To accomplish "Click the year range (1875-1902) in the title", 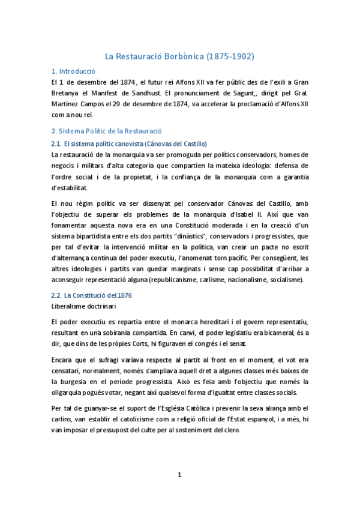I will [x=230, y=56].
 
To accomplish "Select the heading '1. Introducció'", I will [x=74, y=71].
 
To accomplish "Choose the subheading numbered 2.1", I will [x=129, y=143].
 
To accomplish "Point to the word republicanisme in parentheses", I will [x=180, y=279].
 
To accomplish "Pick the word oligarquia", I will [x=74, y=393].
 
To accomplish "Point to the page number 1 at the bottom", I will [x=179, y=475].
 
